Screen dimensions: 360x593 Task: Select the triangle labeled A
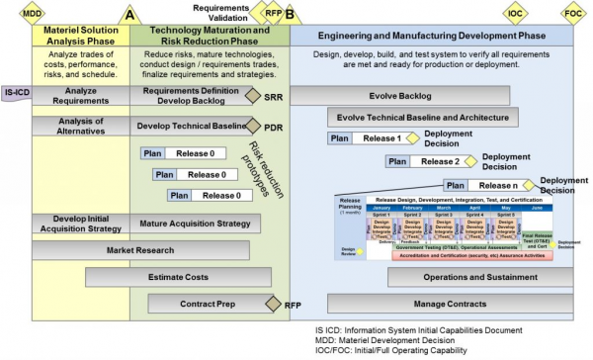click(129, 15)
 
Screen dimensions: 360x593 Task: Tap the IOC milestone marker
click(515, 13)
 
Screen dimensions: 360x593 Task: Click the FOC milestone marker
click(572, 13)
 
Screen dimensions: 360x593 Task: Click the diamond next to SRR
click(252, 97)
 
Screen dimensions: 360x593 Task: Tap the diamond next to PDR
click(251, 127)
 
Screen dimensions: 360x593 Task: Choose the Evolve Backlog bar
click(399, 96)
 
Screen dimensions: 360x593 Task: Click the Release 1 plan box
click(364, 138)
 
